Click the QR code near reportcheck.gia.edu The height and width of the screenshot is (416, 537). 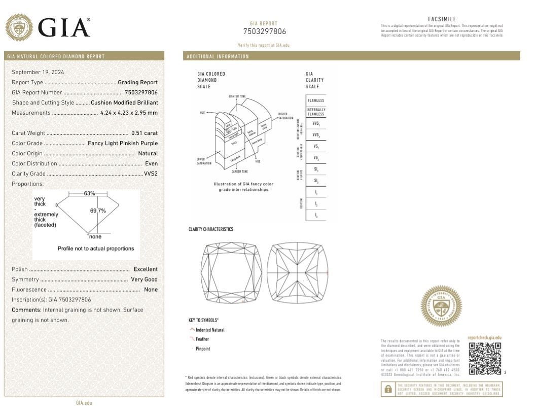pos(485,359)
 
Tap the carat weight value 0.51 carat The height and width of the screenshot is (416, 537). pos(145,133)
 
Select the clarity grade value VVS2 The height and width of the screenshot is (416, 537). pos(151,174)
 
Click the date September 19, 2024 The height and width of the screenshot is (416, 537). pos(34,72)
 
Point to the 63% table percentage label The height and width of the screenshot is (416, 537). pos(90,193)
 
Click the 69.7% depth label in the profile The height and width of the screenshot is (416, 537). pos(98,211)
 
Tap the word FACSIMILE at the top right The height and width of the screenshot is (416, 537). pos(442,19)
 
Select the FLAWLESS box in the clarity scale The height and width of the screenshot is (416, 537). pos(315,100)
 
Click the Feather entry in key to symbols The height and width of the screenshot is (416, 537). pos(202,339)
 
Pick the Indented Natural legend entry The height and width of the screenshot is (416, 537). pos(210,330)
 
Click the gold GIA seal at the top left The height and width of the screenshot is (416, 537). pos(19,27)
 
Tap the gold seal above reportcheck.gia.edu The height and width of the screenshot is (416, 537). pos(441,306)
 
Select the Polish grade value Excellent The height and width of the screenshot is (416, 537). pos(146,269)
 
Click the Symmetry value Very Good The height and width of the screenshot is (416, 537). pos(144,279)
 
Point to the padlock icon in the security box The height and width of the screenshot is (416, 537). pos(388,390)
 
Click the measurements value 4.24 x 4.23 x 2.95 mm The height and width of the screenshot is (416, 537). pos(129,113)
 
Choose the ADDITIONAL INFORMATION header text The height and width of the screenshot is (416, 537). pos(218,56)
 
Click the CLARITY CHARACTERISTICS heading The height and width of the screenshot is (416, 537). pos(211,229)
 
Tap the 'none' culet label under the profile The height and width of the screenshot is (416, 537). pos(95,236)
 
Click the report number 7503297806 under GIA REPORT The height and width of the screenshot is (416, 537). pos(264,31)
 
